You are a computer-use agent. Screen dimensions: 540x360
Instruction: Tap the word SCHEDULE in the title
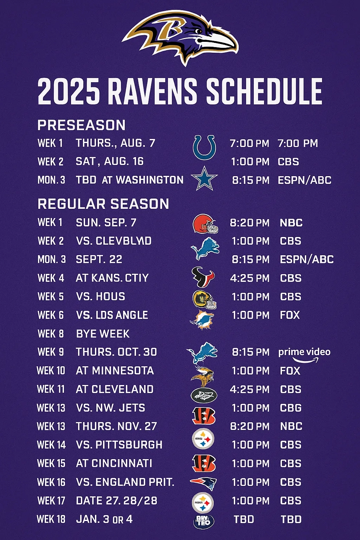264,91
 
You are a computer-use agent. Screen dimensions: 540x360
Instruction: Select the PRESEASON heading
82,125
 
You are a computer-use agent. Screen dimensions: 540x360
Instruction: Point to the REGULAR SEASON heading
103,204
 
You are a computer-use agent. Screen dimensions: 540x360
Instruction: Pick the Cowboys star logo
204,179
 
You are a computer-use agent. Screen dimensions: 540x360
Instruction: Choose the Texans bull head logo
203,277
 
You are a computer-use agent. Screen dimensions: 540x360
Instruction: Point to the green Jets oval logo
204,396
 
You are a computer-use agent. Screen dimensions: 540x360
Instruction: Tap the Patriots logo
204,483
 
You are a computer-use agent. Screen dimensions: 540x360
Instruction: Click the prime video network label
304,353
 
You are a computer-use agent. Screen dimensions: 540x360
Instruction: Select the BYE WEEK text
103,334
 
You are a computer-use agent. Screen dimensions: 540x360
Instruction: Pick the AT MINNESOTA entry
115,371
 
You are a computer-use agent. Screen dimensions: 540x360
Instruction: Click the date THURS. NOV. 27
116,426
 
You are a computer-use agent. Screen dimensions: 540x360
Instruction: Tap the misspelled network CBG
291,408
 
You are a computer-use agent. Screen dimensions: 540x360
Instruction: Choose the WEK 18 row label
51,519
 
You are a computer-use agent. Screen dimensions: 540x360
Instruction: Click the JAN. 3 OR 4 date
104,519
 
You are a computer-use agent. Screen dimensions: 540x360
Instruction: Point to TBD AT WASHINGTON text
130,180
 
